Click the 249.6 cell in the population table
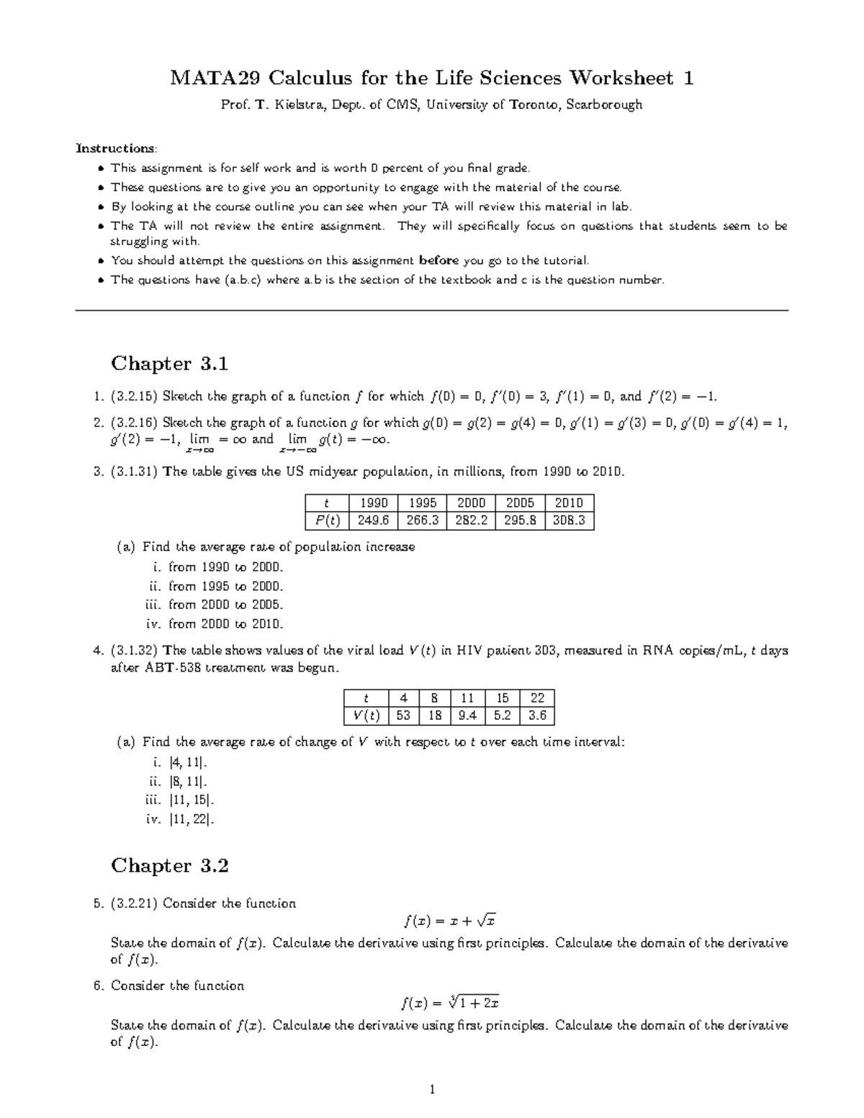[373, 520]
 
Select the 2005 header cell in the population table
[520, 502]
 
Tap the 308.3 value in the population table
[569, 520]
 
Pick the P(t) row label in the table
[328, 520]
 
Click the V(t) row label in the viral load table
[366, 716]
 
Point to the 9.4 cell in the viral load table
[467, 716]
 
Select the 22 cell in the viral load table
[537, 698]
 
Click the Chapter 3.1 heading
[169, 364]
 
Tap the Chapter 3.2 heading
[169, 865]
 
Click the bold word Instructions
[116, 148]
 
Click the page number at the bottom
[432, 1089]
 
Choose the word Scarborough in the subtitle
[604, 105]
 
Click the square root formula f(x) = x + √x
[450, 921]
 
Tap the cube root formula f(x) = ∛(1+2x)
[450, 1003]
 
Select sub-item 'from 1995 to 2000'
[225, 586]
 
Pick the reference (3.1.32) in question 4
[135, 651]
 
